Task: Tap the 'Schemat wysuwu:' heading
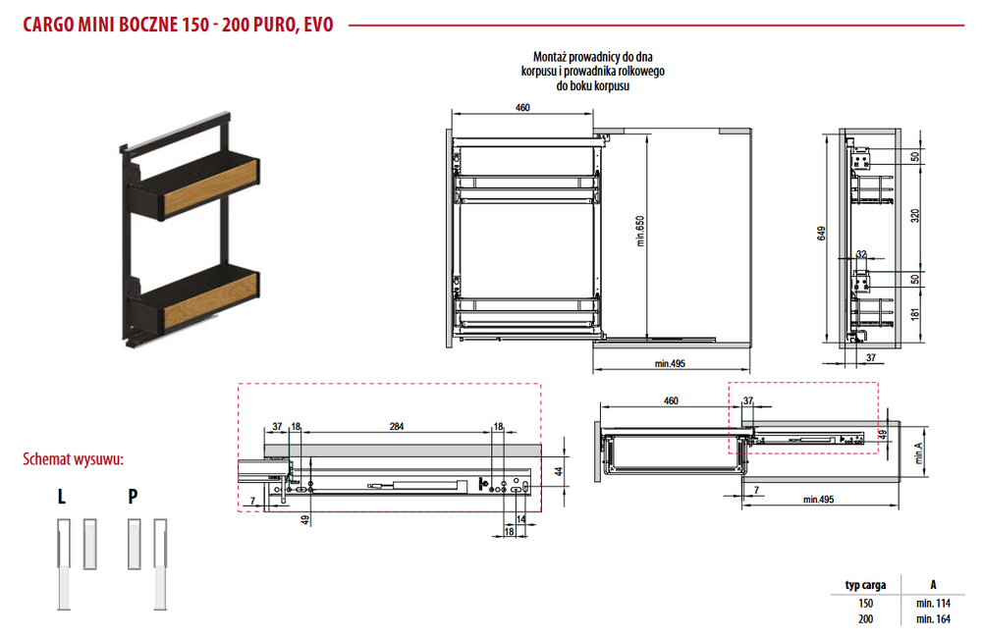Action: [74, 459]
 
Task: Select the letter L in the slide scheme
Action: [61, 497]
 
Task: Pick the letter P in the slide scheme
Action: [133, 497]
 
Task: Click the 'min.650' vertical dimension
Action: [639, 231]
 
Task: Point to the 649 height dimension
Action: [821, 233]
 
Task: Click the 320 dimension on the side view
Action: [915, 216]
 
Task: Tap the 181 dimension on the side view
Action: [915, 314]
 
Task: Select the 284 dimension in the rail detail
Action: [397, 426]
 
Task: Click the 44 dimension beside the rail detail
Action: [559, 471]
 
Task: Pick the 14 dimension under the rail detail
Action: [521, 519]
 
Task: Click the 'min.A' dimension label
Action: [918, 453]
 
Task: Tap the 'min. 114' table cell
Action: [933, 603]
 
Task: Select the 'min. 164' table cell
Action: [933, 618]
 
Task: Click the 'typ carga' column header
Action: [865, 585]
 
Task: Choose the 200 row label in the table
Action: [865, 618]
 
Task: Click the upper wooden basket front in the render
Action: [210, 185]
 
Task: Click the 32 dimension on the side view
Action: [862, 254]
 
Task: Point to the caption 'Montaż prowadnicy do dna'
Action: [592, 57]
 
